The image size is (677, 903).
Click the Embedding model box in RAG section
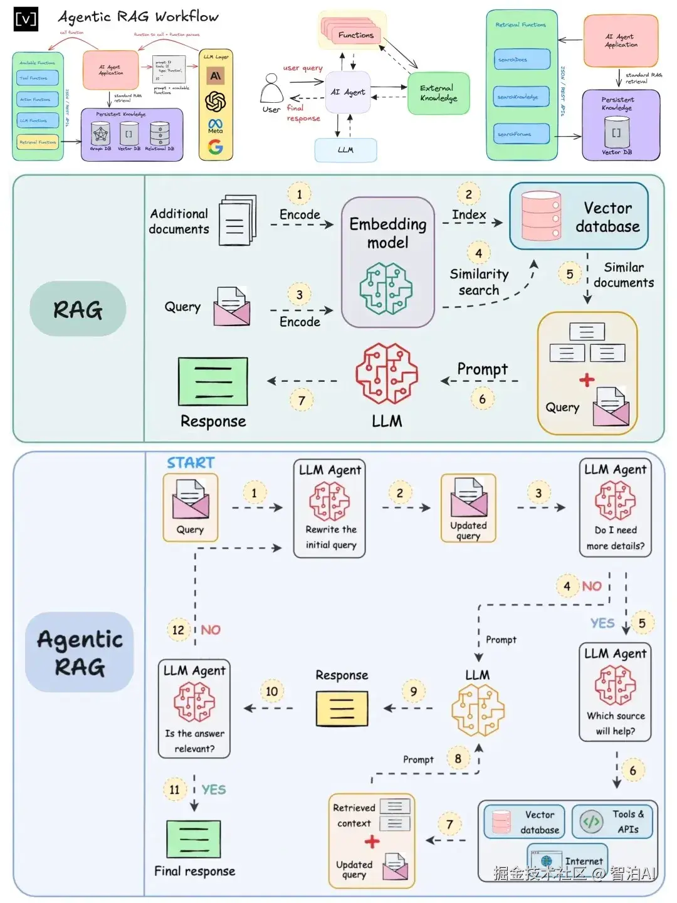387,262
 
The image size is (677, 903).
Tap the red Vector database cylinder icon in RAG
541,216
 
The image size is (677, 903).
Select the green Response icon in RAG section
213,381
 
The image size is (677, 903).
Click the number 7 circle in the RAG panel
302,400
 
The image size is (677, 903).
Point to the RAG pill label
78,309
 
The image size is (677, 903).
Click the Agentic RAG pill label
80,652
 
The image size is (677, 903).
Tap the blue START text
191,463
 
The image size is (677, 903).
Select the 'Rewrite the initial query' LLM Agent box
330,509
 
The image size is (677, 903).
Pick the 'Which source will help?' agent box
615,692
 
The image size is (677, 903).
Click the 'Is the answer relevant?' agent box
194,709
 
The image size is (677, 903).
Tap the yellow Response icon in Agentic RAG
342,709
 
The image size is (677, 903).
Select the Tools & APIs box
612,821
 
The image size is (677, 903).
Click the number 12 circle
178,630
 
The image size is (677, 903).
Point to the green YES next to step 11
214,789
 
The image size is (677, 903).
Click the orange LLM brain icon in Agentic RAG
478,710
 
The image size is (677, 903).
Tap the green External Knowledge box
438,93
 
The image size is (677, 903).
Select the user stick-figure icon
271,89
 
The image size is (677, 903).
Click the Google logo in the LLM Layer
216,147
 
